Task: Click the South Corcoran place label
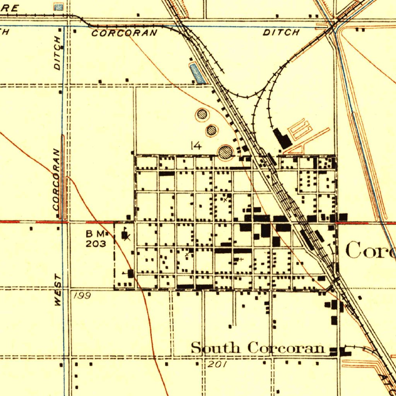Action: tap(258, 348)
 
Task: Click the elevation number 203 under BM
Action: tap(93, 244)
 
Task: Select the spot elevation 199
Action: tap(82, 296)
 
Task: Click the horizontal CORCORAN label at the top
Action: tap(125, 33)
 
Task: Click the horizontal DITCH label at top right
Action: tap(281, 32)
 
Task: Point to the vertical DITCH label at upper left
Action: tap(58, 53)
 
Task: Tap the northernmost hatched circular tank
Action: tap(202, 114)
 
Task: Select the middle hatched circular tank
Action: tap(211, 130)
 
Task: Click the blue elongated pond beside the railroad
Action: tap(197, 73)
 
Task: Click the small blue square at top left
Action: tap(58, 7)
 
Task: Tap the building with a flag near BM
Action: tap(125, 234)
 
